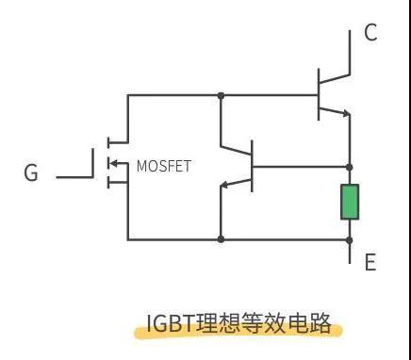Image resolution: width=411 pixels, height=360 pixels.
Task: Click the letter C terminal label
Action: pos(370,34)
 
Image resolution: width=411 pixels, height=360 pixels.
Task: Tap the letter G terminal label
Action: pos(31,174)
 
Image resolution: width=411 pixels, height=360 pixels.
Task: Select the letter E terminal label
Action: pos(370,262)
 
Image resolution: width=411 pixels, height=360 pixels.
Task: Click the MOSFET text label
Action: pos(163,167)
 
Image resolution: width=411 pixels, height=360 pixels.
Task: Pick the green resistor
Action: pos(349,203)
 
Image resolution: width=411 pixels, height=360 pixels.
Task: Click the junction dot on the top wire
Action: pos(220,95)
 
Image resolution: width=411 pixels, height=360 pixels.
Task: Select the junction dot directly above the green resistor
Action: pos(349,167)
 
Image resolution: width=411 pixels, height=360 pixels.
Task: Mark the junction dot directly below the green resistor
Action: pos(349,239)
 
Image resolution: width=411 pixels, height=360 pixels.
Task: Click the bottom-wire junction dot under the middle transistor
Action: pos(220,239)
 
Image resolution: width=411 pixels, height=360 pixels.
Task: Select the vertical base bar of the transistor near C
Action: pos(319,95)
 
